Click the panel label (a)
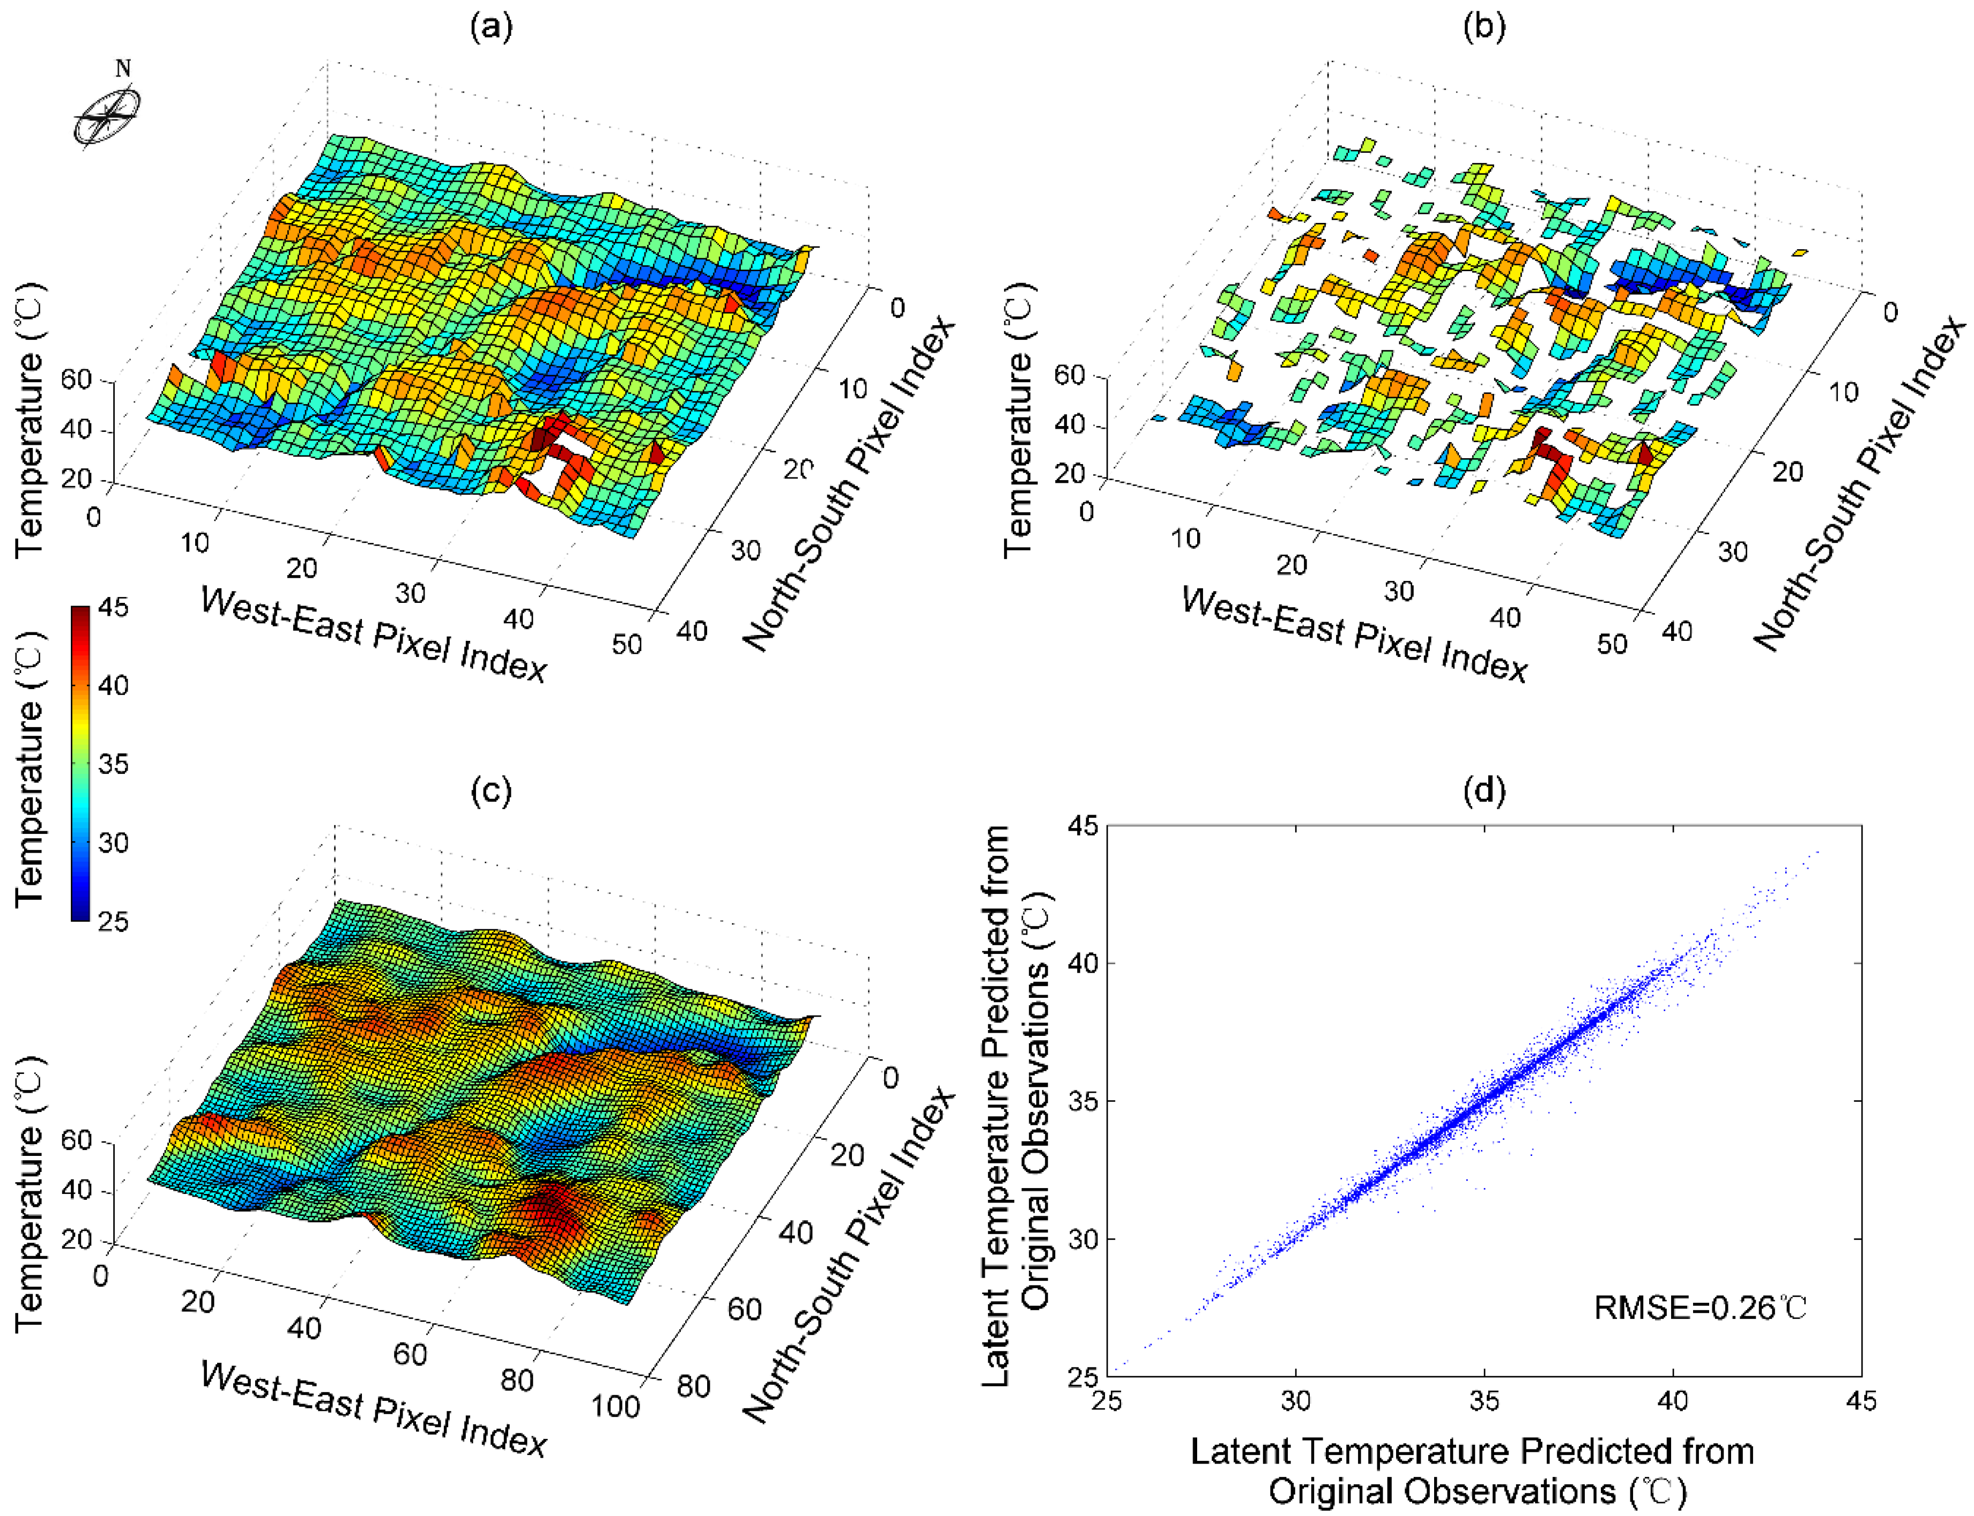point(491,27)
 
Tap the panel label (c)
point(491,790)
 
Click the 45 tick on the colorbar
point(112,607)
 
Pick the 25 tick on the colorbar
point(112,921)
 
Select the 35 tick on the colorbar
point(112,764)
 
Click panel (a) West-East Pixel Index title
point(373,634)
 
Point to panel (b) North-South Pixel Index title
point(1859,483)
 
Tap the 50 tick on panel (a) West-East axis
point(626,644)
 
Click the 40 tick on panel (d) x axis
point(1673,1400)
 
